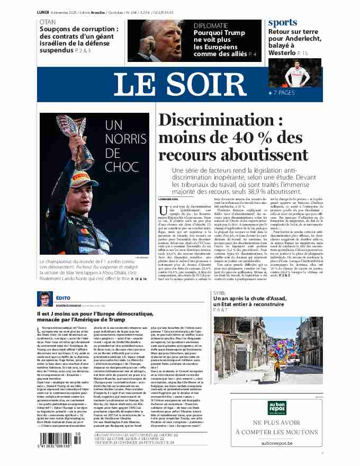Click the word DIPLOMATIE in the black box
click(211, 25)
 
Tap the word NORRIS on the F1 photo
click(122, 139)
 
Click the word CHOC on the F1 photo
click(121, 167)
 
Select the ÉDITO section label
click(62, 298)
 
